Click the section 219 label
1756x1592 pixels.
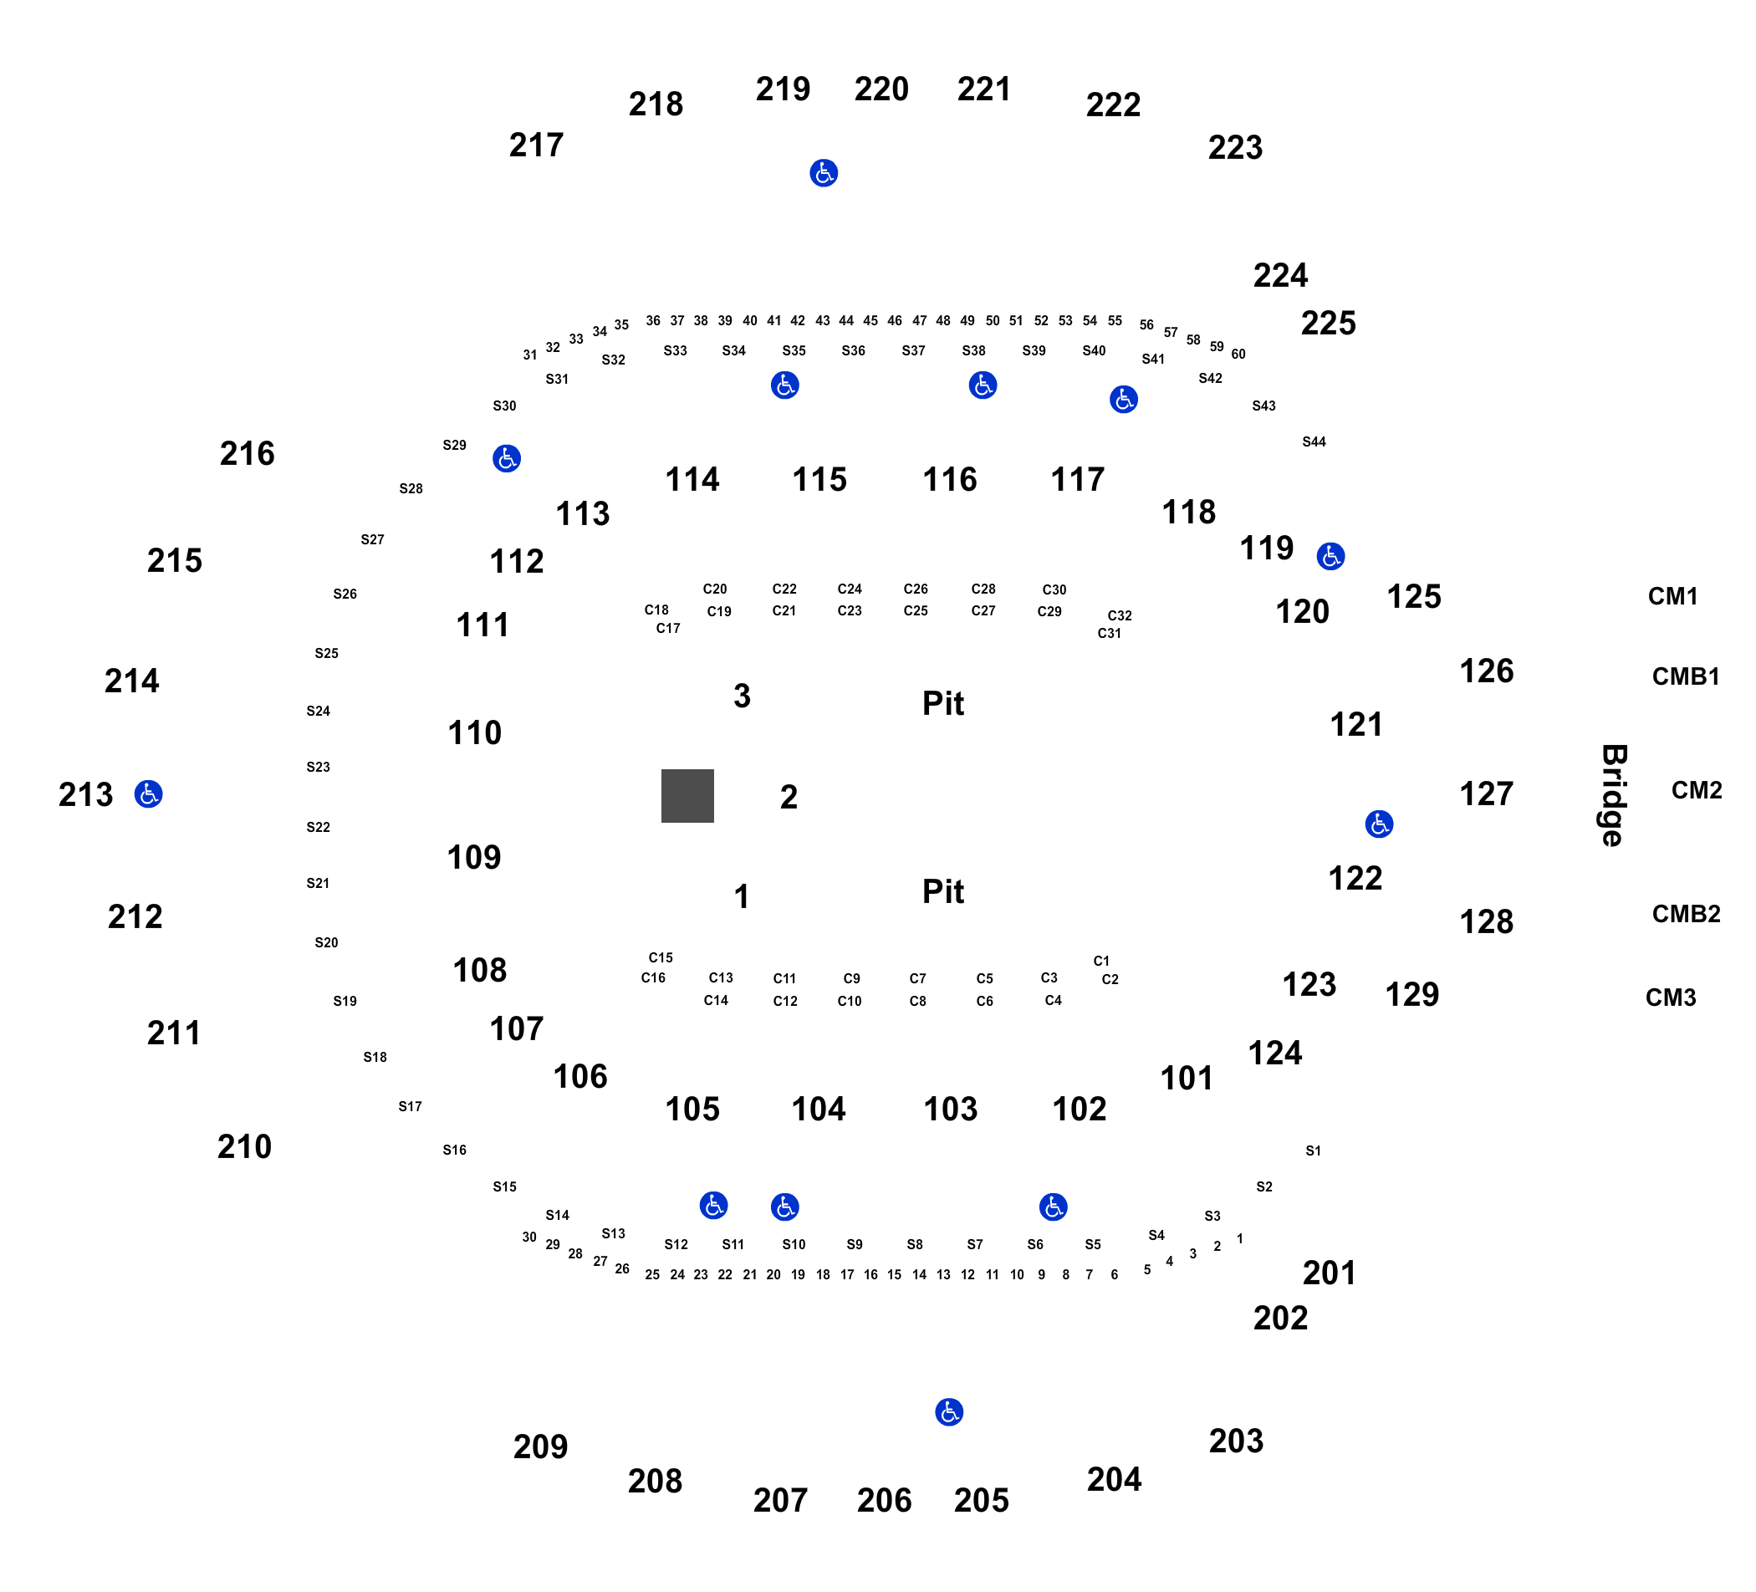point(782,89)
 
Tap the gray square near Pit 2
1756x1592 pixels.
point(687,795)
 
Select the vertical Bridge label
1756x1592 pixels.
point(1613,795)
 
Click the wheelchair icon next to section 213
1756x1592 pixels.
point(148,793)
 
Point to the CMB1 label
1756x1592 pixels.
point(1686,676)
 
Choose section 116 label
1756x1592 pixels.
point(949,480)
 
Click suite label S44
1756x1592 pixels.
point(1314,441)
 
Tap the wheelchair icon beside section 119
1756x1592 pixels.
point(1330,556)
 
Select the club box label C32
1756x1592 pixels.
point(1120,615)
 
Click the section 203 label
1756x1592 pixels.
point(1235,1441)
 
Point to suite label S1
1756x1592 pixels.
point(1313,1151)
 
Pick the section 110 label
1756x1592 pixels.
point(474,733)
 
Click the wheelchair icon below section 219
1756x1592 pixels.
point(823,173)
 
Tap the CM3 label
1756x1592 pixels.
point(1671,998)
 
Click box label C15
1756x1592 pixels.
point(661,958)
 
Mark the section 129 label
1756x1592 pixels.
point(1412,994)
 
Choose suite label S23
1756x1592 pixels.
point(318,768)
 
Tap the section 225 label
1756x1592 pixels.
point(1328,323)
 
